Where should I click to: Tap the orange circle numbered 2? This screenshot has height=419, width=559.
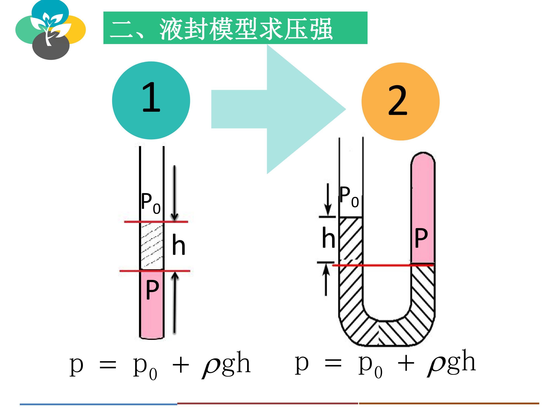tap(401, 101)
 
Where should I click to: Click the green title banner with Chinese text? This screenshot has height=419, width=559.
tap(235, 28)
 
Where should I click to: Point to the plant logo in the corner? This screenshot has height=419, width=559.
tap(50, 30)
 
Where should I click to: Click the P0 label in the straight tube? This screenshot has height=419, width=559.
tap(151, 203)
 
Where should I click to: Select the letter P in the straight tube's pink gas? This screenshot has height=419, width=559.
tap(152, 290)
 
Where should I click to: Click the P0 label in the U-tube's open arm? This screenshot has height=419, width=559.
tap(349, 197)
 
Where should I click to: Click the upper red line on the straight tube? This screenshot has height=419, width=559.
tap(156, 222)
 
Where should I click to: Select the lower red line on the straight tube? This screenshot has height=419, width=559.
tap(155, 271)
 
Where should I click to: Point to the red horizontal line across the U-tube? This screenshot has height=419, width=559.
tap(383, 265)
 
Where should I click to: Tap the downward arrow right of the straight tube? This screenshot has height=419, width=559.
tap(174, 193)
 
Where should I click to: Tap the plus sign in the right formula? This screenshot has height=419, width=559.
tap(406, 364)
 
